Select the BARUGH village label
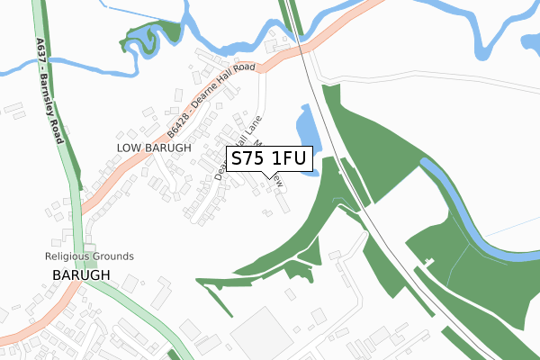pyautogui.click(x=80, y=274)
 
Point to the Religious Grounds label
pyautogui.click(x=89, y=256)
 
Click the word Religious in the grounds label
pyautogui.click(x=68, y=256)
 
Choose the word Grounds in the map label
pyautogui.click(x=114, y=256)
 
